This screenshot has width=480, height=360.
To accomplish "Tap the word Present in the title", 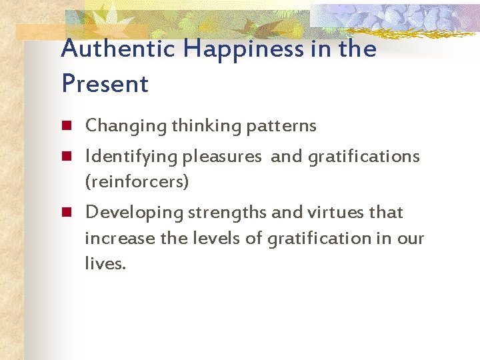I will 105,84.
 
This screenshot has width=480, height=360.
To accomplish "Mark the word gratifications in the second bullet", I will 363,157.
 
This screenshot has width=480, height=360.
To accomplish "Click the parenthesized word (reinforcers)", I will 137,181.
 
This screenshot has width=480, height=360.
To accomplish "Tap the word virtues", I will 328,213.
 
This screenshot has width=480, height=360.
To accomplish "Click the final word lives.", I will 105,264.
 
